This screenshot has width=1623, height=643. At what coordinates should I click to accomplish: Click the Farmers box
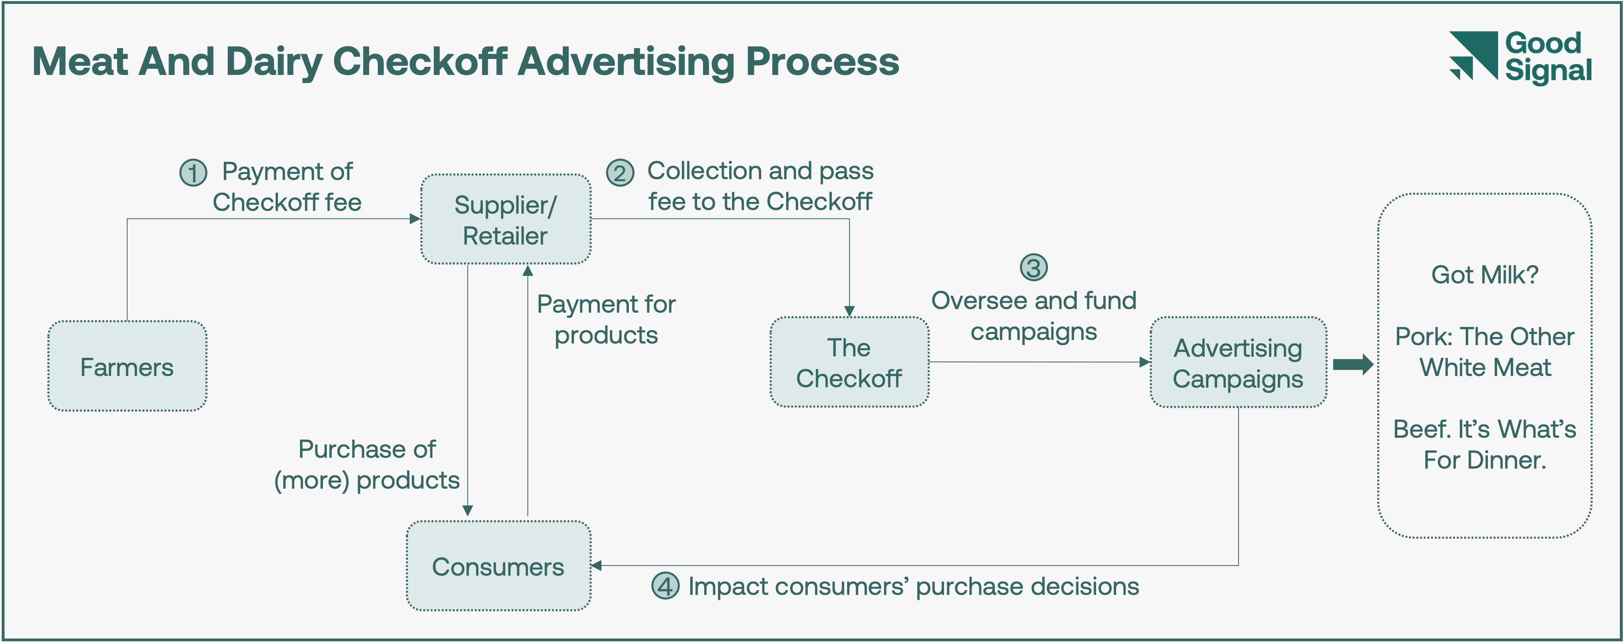click(127, 366)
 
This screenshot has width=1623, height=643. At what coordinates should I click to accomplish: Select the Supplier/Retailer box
click(505, 219)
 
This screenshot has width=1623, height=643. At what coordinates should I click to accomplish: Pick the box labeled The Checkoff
click(849, 362)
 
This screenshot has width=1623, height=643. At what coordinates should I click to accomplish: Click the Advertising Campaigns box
click(1238, 363)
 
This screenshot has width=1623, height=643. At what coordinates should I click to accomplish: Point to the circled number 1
click(193, 172)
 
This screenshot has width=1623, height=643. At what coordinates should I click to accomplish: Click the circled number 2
click(620, 172)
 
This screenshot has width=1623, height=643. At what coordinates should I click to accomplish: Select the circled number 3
click(1034, 268)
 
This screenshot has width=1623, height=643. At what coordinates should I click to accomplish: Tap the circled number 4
click(665, 586)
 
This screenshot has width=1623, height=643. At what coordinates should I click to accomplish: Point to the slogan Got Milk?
click(1484, 275)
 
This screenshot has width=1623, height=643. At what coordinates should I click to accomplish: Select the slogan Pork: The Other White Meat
click(1484, 352)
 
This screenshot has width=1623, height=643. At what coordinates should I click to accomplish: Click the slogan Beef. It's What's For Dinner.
click(1484, 445)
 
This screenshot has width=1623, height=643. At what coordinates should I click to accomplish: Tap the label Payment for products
click(606, 319)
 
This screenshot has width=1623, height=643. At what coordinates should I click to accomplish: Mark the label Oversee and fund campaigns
click(1034, 315)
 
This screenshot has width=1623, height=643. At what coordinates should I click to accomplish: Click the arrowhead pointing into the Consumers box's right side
click(596, 566)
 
